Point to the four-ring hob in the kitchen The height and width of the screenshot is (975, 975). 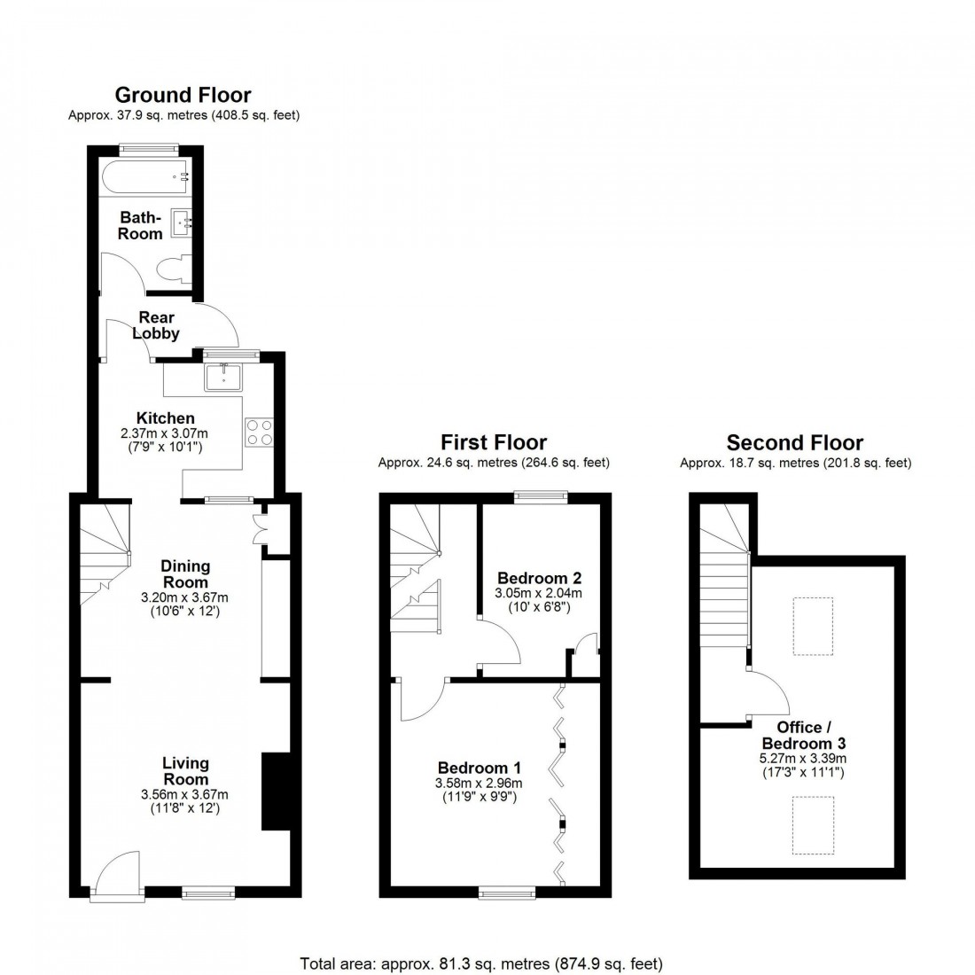tap(258, 432)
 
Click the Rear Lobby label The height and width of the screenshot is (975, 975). tap(156, 325)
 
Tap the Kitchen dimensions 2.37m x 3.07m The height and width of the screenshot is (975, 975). tap(164, 433)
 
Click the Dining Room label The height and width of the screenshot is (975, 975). tap(185, 573)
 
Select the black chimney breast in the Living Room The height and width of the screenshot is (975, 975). tap(275, 792)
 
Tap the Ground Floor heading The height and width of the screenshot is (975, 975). tap(183, 95)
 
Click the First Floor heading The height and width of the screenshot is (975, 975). tap(495, 442)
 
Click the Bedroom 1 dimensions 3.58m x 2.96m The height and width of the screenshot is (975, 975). tap(479, 784)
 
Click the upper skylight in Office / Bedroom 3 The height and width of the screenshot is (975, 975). tap(813, 627)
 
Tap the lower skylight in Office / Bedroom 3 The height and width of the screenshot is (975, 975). tap(813, 825)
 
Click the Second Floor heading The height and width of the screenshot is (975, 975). tap(795, 442)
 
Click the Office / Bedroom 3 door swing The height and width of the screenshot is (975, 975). tap(765, 694)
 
